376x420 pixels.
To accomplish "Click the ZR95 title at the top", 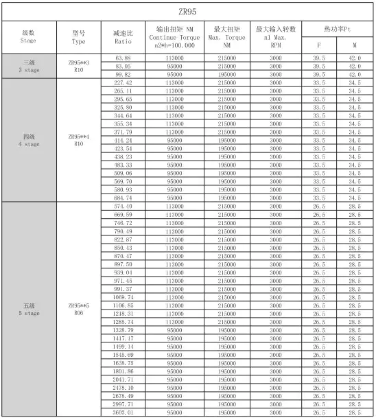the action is point(188,12).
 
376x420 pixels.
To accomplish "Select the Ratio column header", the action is point(123,36).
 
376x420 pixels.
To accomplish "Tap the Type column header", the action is point(78,36).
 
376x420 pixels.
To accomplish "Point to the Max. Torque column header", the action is point(226,36).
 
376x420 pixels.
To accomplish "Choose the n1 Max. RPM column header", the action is point(276,36).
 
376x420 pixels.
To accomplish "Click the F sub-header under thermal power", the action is point(318,44).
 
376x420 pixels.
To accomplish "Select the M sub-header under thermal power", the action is point(355,44).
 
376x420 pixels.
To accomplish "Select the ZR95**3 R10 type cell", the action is point(78,66).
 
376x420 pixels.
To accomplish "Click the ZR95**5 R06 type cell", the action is point(78,309).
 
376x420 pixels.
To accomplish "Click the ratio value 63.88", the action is point(123,58).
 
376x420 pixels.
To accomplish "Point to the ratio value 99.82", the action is point(123,74).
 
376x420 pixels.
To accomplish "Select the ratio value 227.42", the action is point(123,82).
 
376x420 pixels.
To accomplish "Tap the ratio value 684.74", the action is point(123,197).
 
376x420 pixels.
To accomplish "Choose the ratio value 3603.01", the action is point(123,412).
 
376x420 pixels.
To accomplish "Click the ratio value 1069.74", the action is point(123,296).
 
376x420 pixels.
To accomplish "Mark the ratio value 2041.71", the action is point(123,380).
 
